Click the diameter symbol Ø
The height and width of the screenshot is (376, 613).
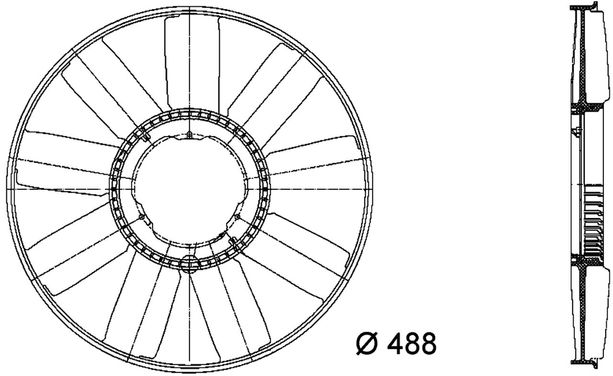367,343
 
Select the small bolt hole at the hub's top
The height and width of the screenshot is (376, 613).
190,135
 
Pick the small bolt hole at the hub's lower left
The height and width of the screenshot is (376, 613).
142,218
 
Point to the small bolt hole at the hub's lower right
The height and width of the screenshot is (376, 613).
238,217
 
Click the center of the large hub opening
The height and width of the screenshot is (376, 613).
190,189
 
